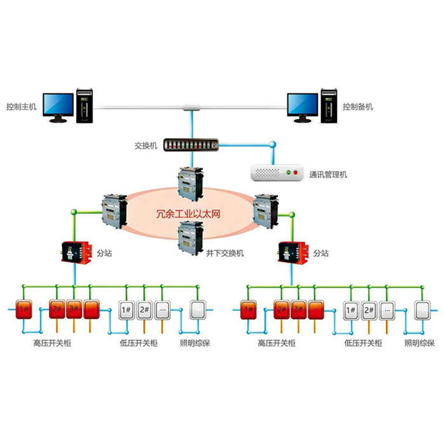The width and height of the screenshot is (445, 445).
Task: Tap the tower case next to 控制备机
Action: coord(328,106)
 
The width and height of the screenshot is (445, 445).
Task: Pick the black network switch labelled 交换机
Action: coord(190,145)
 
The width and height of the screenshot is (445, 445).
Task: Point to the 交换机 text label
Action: coord(145,145)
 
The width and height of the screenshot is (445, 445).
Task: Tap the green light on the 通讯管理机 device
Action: coord(296,172)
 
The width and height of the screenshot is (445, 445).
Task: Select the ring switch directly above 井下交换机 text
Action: coord(189,235)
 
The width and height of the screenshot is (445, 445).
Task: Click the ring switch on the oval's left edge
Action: coord(114,211)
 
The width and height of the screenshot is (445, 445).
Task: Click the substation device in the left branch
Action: coord(74,253)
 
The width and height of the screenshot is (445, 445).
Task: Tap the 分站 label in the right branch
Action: coord(321,253)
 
